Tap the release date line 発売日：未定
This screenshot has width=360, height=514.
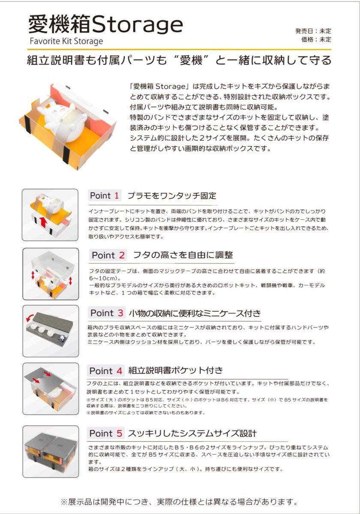[x=313, y=31]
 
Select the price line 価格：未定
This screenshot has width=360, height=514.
[x=316, y=39]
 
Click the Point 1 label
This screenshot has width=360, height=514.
[x=105, y=196]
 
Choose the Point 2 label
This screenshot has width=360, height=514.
[x=108, y=255]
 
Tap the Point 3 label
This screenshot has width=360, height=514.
[x=108, y=313]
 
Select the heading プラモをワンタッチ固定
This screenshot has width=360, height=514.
[x=172, y=196]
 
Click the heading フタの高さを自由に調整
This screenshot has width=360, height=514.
[x=183, y=255]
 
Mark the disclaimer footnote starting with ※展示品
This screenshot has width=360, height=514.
[x=180, y=501]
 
